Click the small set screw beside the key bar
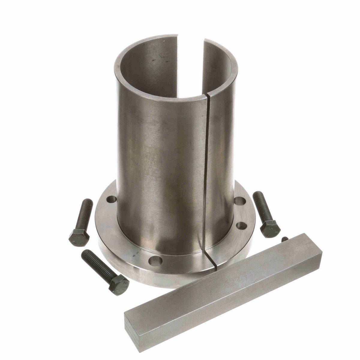click(x=285, y=239)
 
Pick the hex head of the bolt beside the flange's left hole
click(x=79, y=238)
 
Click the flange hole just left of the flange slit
click(x=156, y=261)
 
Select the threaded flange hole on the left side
click(x=112, y=199)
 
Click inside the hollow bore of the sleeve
click(x=168, y=69)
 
